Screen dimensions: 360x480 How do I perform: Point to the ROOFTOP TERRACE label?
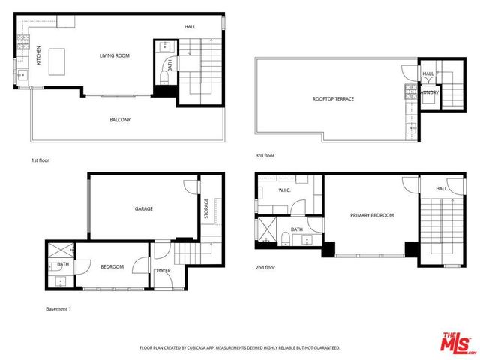[x=333, y=99]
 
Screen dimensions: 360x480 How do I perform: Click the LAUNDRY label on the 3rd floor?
[x=429, y=92]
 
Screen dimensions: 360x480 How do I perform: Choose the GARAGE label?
[x=144, y=208]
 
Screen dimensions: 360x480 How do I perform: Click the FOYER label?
[x=163, y=270]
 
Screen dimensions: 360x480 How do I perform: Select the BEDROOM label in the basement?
[x=112, y=266]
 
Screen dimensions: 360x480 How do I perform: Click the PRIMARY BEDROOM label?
[x=371, y=215]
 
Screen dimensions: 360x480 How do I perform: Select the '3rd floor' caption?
[x=265, y=156]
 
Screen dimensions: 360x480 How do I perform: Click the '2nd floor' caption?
[x=266, y=268]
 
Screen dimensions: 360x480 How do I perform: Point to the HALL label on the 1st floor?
[x=190, y=27]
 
